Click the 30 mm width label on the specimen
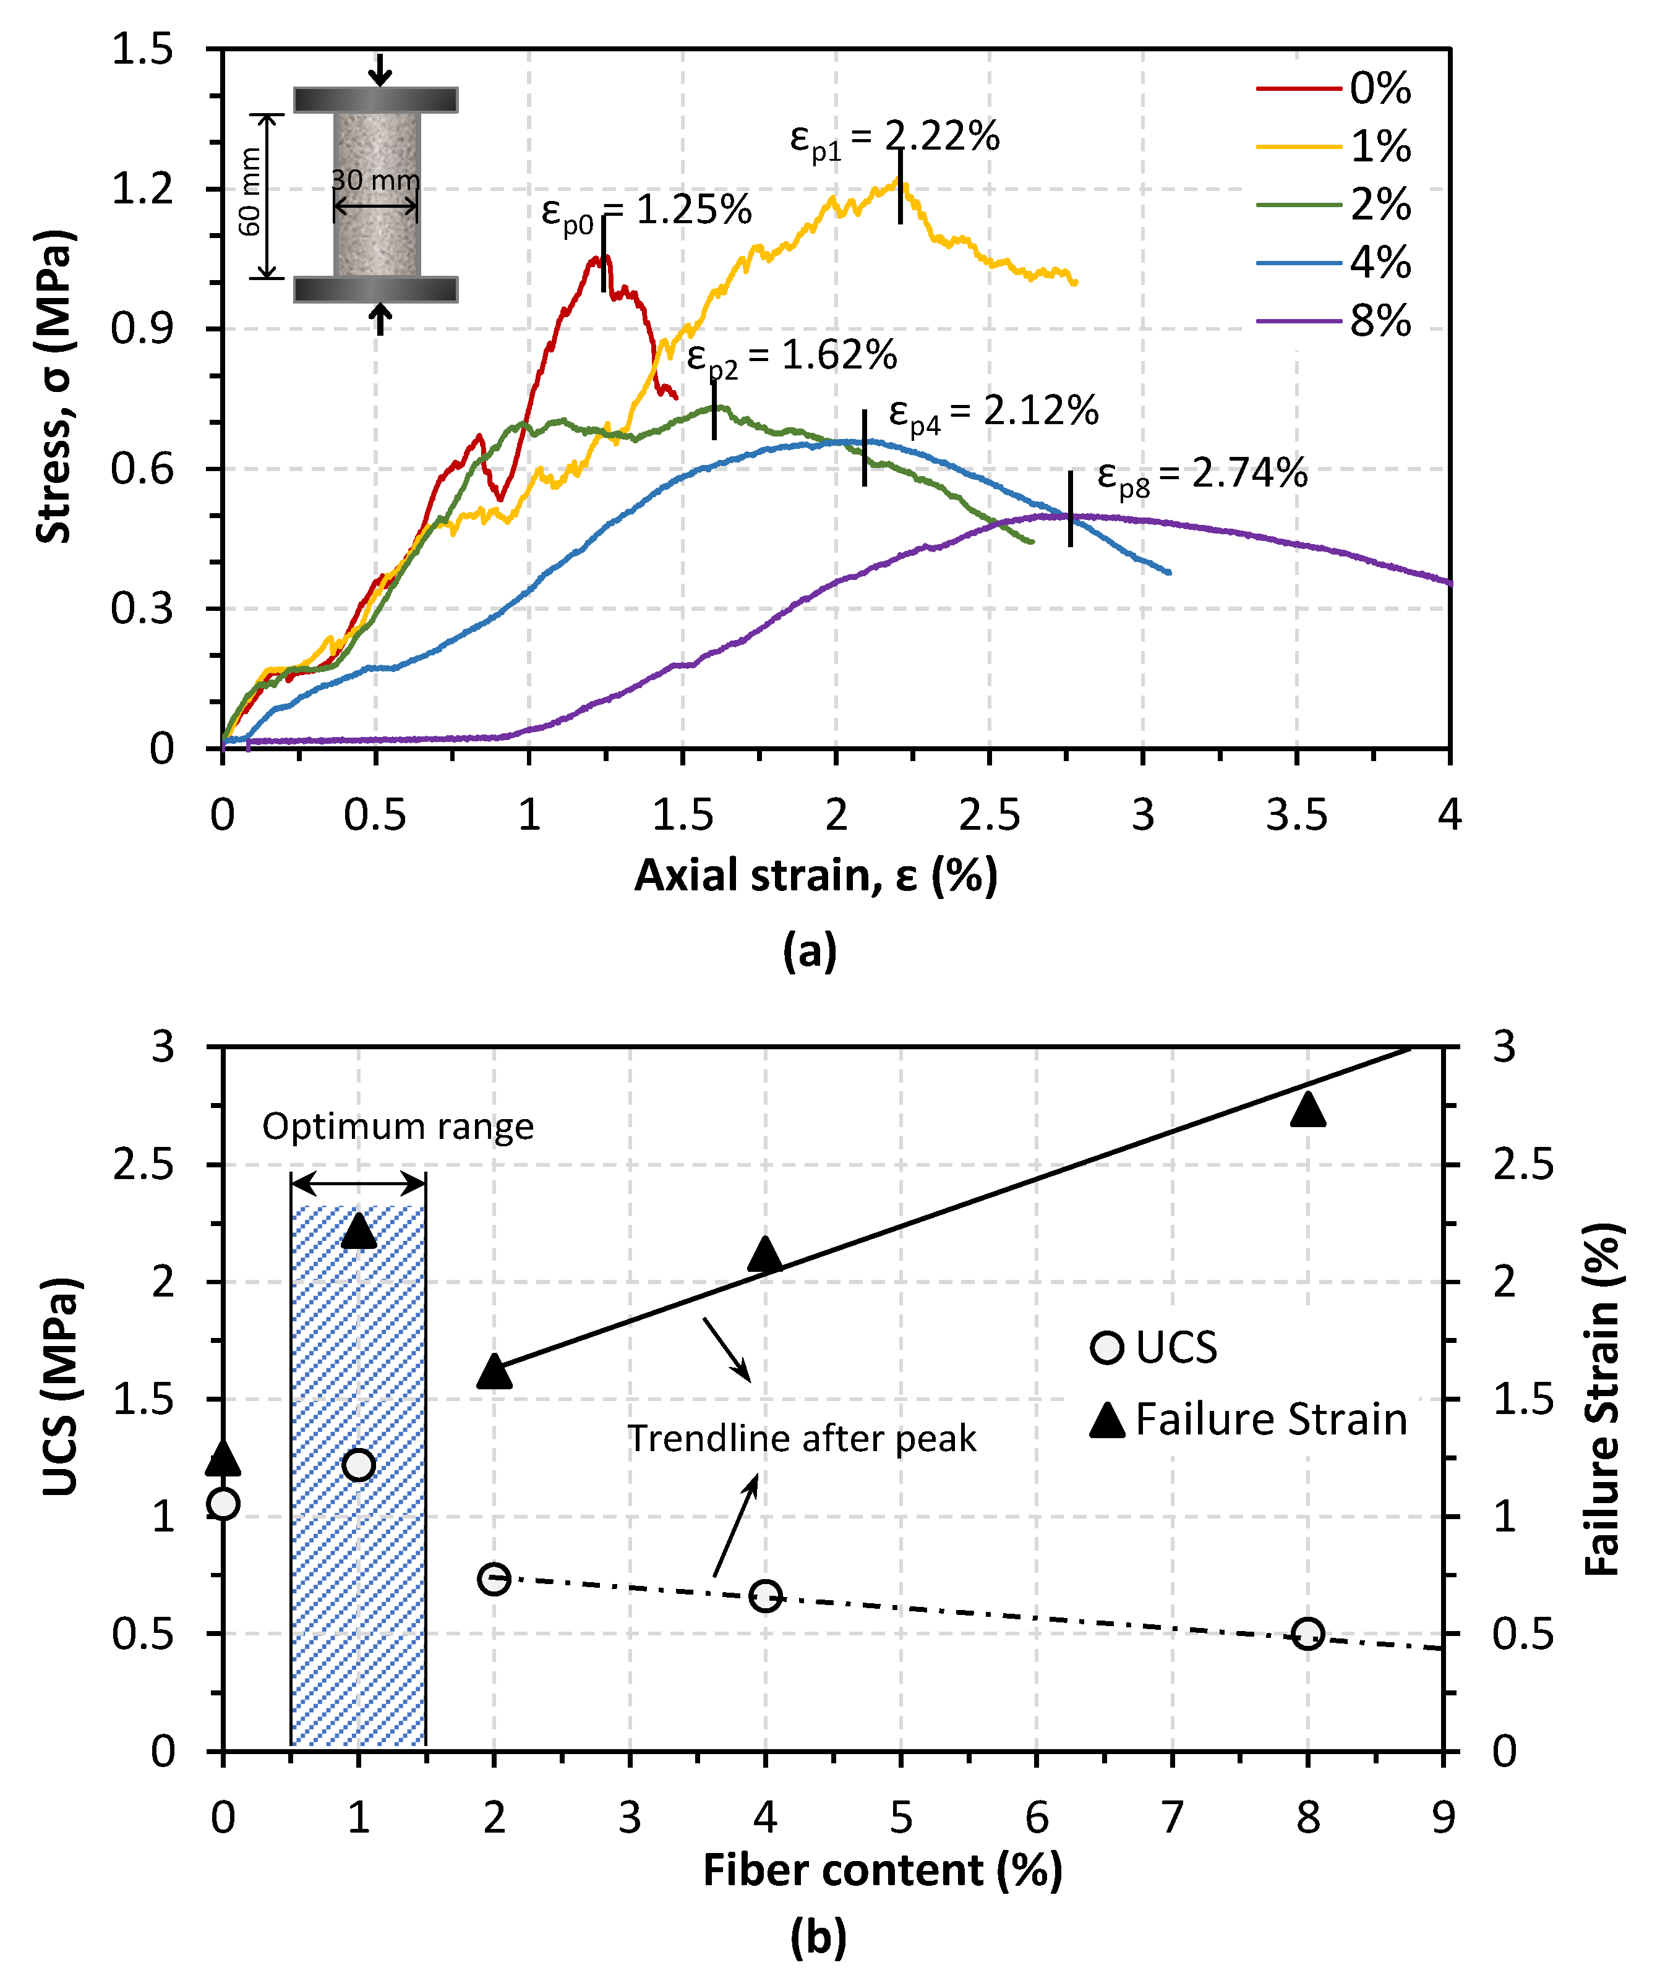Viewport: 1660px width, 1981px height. coord(375,179)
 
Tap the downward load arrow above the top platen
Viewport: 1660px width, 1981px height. coord(379,69)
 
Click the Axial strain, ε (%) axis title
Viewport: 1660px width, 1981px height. coord(815,876)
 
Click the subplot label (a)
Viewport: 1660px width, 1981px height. coord(810,951)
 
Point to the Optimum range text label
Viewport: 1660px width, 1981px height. coord(397,1127)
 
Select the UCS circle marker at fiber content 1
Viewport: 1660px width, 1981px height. coord(359,1465)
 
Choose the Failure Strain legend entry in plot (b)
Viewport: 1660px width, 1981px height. coord(1247,1420)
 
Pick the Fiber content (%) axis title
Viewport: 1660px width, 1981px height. coord(883,1870)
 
